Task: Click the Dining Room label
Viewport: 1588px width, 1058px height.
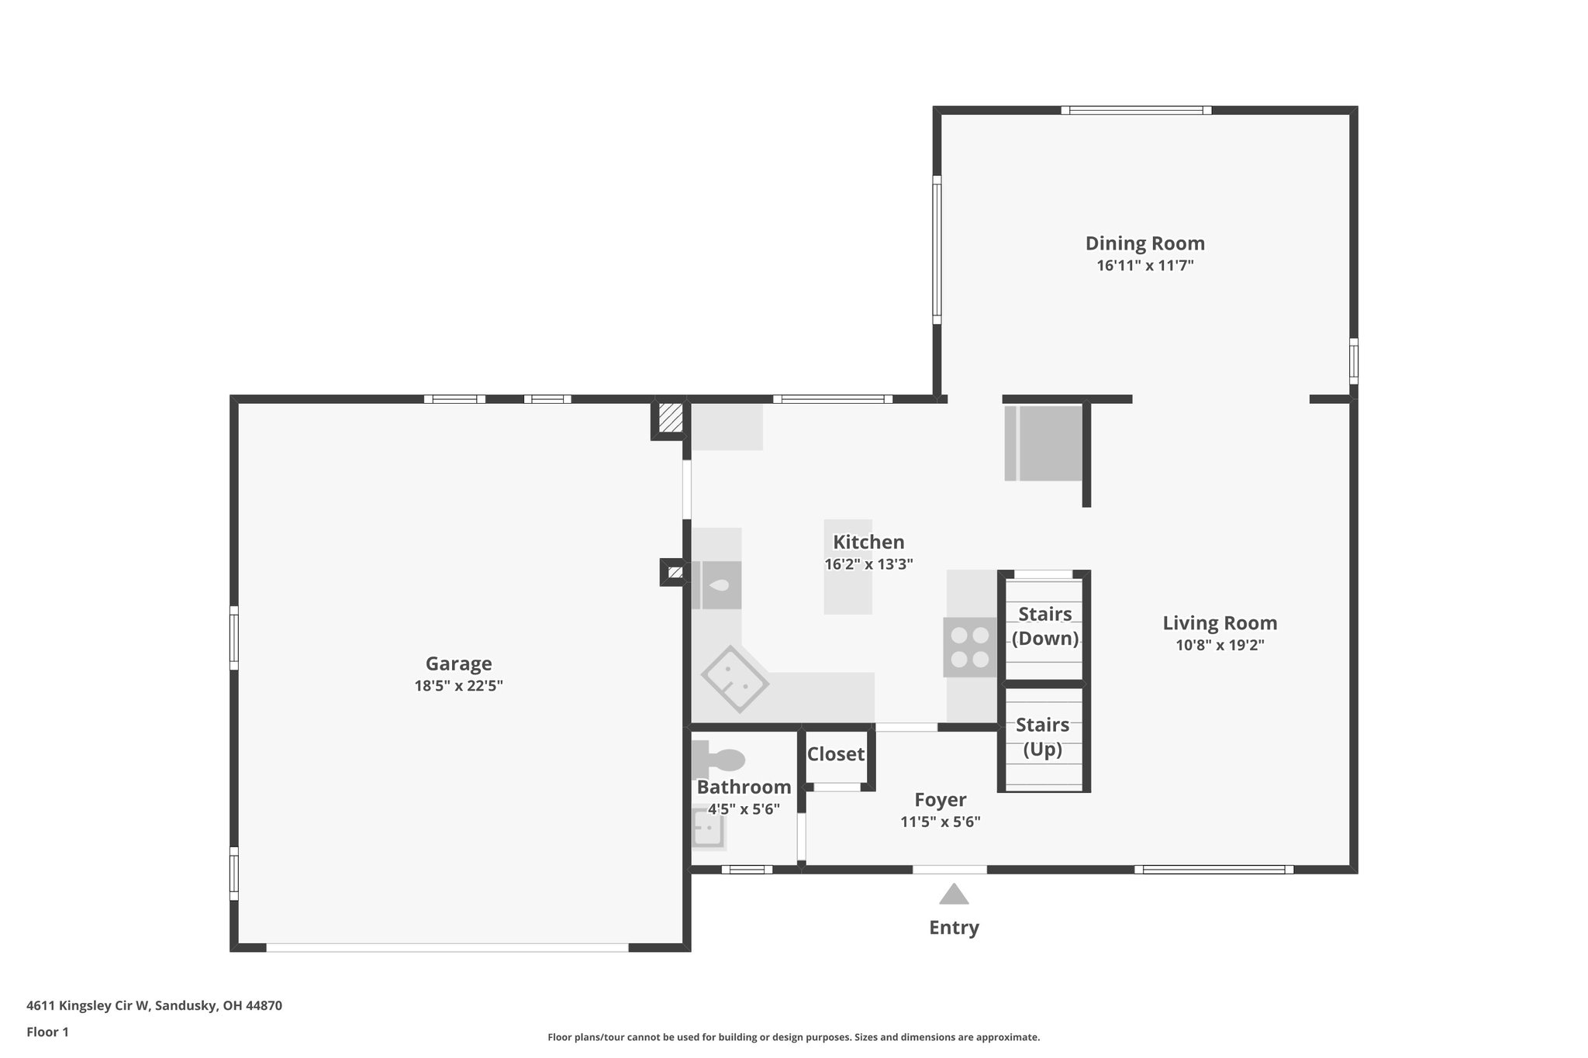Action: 1144,243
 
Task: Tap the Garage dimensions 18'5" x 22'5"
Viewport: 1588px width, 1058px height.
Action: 458,686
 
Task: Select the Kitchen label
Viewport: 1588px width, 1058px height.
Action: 868,542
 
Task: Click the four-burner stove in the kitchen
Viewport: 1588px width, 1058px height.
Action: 970,647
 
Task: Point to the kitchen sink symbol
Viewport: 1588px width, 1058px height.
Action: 717,585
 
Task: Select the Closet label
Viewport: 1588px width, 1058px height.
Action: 835,754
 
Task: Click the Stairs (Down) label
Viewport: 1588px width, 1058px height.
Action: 1044,626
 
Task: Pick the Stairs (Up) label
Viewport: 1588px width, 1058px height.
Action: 1042,737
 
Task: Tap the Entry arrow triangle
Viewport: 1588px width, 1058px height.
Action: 954,895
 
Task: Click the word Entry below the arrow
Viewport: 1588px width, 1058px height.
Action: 954,928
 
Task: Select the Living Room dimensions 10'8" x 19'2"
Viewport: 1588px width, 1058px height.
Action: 1220,646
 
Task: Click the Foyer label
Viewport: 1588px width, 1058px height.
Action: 940,800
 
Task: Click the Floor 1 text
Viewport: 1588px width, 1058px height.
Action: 47,1032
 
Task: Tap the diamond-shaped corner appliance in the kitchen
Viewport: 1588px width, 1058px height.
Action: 734,679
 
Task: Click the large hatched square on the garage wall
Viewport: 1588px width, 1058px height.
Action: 670,419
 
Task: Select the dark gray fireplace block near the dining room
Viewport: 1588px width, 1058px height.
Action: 1048,443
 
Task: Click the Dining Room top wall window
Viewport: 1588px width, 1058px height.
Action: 1136,110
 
